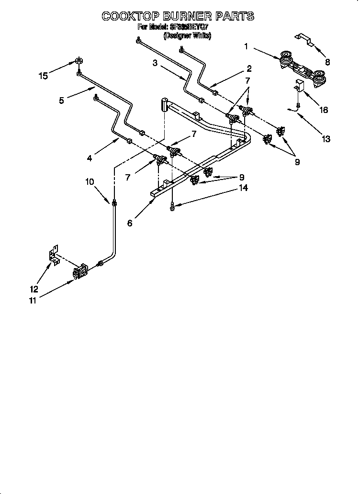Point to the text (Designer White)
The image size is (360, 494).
[187, 36]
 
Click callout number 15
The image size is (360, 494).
[44, 76]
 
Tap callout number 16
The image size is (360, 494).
[324, 110]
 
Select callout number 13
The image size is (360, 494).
[326, 139]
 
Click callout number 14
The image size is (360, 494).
[243, 188]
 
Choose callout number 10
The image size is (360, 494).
[90, 181]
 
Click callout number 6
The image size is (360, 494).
[130, 223]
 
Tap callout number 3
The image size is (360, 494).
[155, 63]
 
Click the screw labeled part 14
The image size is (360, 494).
[172, 206]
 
